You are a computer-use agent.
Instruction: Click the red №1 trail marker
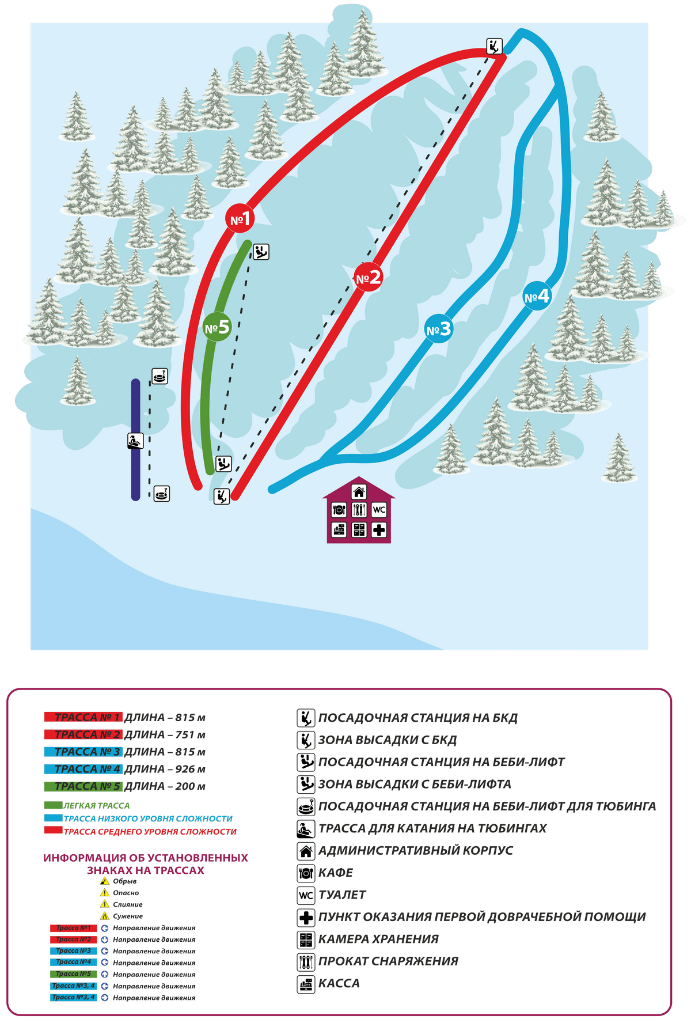pos(240,218)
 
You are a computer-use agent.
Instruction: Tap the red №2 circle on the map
pos(368,278)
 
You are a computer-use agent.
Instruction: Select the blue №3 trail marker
pos(438,329)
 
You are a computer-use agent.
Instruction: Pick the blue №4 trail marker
pos(537,297)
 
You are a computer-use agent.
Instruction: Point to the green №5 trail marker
pos(217,327)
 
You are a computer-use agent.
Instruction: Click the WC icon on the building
pos(378,510)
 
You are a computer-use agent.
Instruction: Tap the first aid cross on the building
pos(378,529)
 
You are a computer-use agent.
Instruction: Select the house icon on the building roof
pos(359,492)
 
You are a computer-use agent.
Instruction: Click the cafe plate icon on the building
pos(339,510)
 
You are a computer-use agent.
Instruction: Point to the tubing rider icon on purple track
pos(135,441)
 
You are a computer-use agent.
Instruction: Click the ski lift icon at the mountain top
pos(494,46)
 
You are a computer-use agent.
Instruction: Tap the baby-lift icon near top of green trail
pos(261,252)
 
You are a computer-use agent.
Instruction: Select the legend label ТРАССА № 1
pos(83,717)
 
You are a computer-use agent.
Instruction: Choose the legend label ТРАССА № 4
pos(83,769)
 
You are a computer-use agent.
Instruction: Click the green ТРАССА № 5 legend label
pos(83,786)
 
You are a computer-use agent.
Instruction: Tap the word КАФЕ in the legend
pos(336,873)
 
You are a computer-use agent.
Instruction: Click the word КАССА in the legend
pos(339,983)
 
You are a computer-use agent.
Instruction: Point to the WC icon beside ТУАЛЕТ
pos(306,895)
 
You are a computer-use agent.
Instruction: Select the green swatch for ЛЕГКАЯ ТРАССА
pos(53,805)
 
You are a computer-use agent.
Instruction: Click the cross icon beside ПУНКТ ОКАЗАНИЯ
pos(306,917)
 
